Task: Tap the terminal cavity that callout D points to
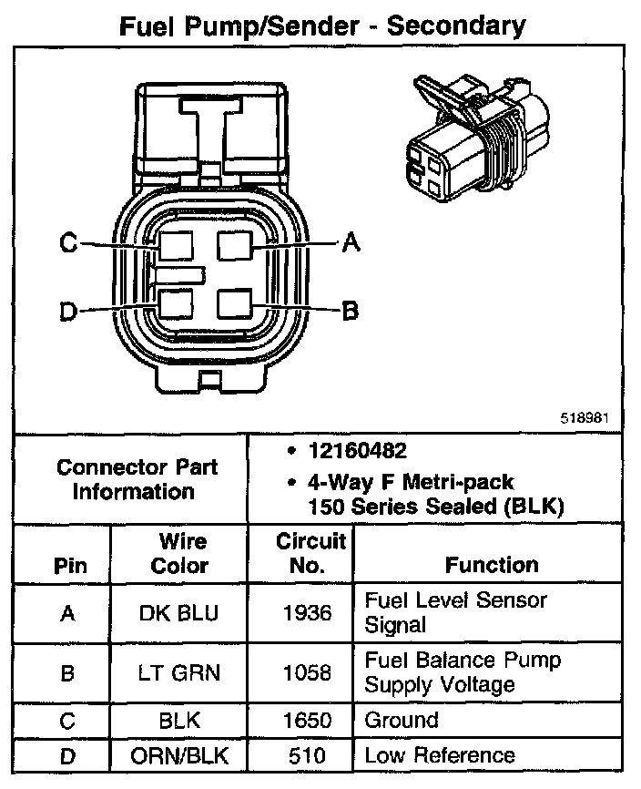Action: tap(174, 303)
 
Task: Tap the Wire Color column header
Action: tap(179, 553)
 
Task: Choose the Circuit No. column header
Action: tap(310, 553)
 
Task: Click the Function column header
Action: tap(492, 565)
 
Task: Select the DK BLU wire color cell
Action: tap(179, 613)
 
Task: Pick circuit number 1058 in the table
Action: tap(308, 672)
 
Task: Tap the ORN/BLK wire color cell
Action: tap(179, 755)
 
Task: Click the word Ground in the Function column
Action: tap(402, 720)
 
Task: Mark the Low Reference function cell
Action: tap(439, 755)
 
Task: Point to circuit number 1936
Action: tap(308, 613)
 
